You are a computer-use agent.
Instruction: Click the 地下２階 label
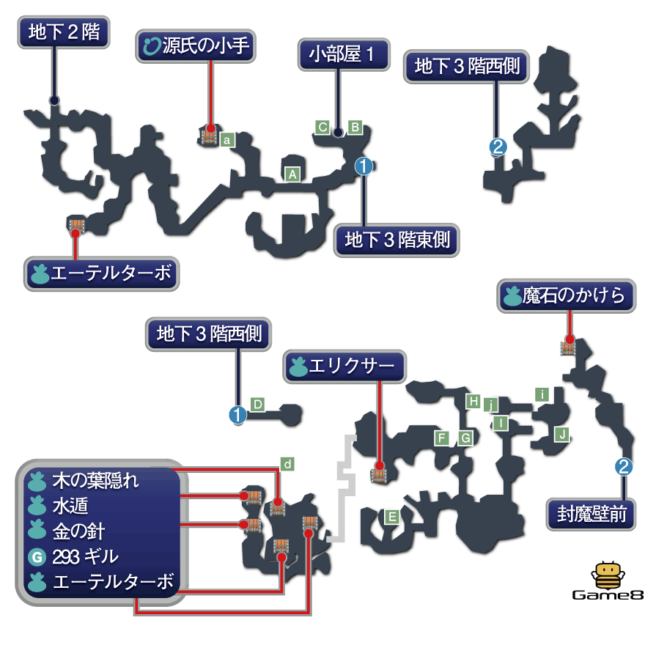[63, 33]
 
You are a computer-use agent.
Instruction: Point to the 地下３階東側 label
[397, 240]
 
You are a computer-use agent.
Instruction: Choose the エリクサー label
[344, 366]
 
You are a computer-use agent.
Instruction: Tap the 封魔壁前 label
[590, 514]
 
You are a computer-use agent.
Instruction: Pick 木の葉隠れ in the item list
[95, 482]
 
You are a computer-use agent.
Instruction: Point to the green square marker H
[474, 401]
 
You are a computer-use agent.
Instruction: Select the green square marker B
[355, 127]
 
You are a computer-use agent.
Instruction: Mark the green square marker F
[442, 438]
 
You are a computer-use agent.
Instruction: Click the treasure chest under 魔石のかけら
[568, 347]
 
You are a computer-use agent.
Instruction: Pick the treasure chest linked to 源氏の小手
[209, 136]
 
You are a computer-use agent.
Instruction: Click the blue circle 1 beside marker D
[237, 415]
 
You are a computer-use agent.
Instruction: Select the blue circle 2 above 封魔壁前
[623, 466]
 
